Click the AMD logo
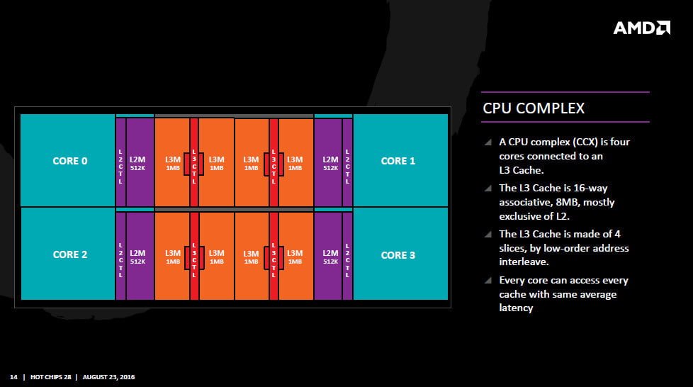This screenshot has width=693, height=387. (641, 28)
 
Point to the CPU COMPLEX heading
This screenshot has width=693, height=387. (534, 108)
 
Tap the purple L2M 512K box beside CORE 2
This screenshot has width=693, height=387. (140, 256)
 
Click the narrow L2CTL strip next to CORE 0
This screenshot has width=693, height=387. (120, 162)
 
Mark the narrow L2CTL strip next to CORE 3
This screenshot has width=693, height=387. (347, 256)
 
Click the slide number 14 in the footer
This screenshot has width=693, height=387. (13, 376)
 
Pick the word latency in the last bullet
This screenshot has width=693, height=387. (516, 308)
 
